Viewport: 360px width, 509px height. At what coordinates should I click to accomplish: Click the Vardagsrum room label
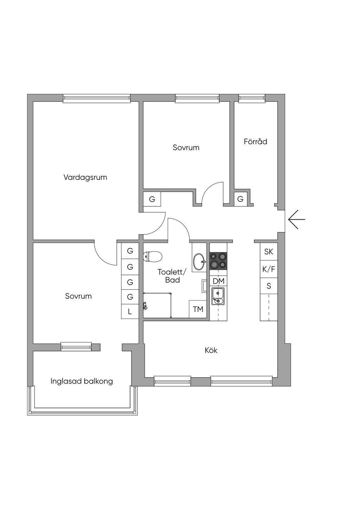[85, 177]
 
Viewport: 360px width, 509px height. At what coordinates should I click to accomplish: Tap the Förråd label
[256, 141]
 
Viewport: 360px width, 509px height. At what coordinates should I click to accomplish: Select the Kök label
[211, 350]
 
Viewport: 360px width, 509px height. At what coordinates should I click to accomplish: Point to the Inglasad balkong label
[82, 381]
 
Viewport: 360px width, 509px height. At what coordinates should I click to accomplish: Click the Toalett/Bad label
[172, 276]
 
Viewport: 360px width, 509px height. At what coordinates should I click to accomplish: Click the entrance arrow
[296, 219]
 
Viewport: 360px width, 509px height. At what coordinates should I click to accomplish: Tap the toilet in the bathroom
[153, 256]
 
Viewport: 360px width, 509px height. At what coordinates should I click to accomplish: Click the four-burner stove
[218, 260]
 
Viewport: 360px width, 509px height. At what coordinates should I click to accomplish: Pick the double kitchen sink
[218, 296]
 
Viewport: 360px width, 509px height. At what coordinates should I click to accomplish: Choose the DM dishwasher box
[219, 281]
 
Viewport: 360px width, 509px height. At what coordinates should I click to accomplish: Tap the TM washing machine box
[198, 309]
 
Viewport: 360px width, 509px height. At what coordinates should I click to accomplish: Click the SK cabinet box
[269, 251]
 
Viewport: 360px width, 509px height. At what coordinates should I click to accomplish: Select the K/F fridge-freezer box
[269, 269]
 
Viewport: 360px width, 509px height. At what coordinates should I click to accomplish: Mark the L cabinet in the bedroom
[130, 311]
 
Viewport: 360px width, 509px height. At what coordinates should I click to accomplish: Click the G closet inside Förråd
[240, 199]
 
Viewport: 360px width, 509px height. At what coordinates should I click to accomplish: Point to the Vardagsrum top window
[97, 98]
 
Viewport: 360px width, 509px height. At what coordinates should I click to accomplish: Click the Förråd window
[252, 98]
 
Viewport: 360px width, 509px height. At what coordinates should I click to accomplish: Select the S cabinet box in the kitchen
[269, 286]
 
